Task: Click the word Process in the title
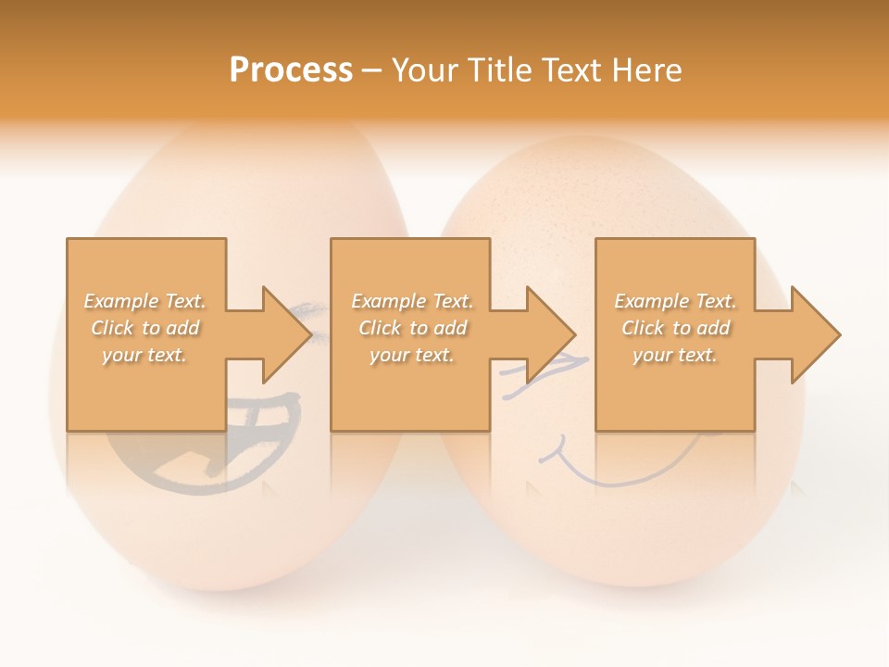click(x=291, y=70)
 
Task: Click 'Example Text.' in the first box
click(x=144, y=301)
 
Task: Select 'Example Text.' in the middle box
click(x=411, y=301)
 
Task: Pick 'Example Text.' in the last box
click(x=675, y=301)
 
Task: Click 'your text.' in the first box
click(x=144, y=355)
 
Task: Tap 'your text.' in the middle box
click(x=411, y=355)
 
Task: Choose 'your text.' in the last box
click(x=675, y=355)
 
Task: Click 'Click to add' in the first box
click(x=144, y=328)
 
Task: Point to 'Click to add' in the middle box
click(x=411, y=328)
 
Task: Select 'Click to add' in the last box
click(x=675, y=328)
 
